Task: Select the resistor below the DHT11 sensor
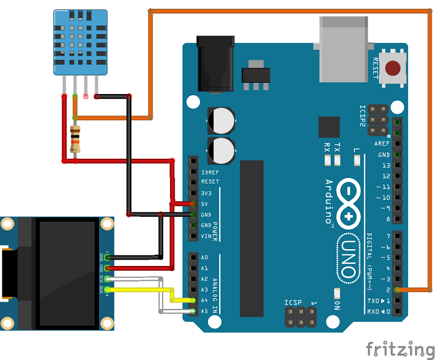[x=75, y=138]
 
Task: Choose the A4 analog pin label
[x=205, y=300]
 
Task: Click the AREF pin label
[x=382, y=144]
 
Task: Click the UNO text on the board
[x=349, y=258]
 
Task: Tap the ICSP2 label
[x=363, y=116]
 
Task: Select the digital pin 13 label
[x=386, y=165]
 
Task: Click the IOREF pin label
[x=210, y=172]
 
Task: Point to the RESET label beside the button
[x=375, y=68]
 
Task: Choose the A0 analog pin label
[x=205, y=257]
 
